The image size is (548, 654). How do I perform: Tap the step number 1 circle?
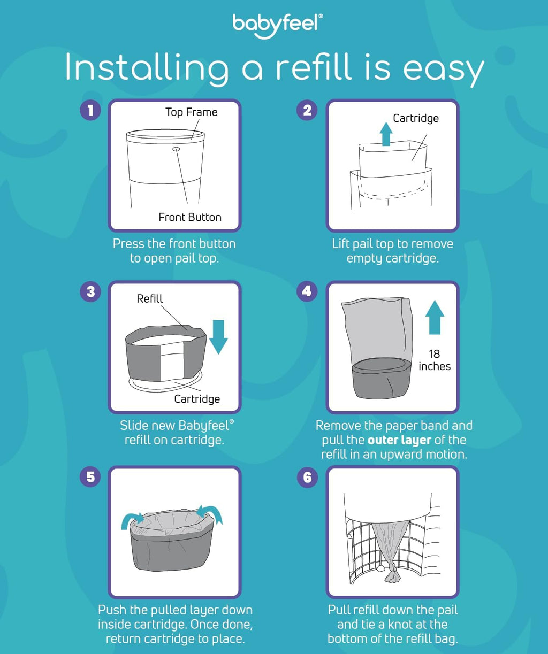90,111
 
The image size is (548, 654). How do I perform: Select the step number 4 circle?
307,291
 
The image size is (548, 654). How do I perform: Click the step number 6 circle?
307,477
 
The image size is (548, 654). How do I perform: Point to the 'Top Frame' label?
191,112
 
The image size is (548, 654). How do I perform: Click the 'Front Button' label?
189,217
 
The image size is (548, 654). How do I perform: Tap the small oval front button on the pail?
176,150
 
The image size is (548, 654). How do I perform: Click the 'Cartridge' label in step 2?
415,118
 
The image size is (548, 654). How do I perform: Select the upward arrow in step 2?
385,133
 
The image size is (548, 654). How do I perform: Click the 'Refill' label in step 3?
150,299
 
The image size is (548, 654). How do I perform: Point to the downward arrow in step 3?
219,336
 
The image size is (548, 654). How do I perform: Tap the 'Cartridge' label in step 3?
197,399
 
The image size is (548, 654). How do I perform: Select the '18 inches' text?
435,360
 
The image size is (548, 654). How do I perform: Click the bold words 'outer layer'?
399,440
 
